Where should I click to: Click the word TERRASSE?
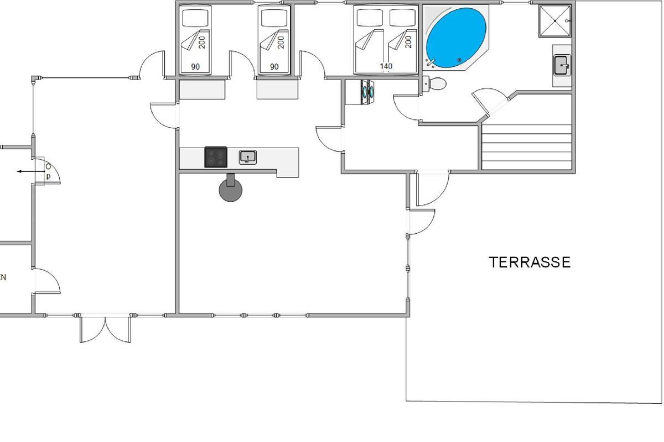530,262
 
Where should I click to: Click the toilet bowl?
438,84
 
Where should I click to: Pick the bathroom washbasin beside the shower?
562,65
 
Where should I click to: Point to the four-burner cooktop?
216,157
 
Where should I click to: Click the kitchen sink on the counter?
248,157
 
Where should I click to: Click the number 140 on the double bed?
386,66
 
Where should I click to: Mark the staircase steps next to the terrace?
526,146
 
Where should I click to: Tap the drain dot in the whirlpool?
459,60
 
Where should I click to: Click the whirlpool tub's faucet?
432,62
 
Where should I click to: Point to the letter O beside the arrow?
48,166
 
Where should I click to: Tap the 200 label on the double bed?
408,42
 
